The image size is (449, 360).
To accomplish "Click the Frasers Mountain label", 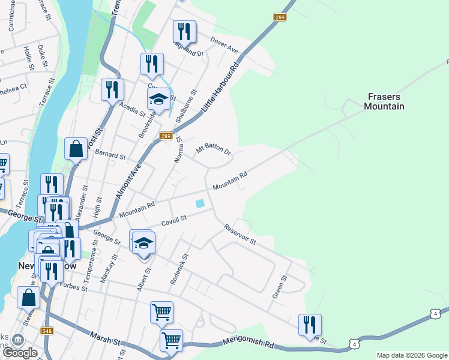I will point(384,101).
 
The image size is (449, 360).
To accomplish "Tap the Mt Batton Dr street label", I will point(214,148).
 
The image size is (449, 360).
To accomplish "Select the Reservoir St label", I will point(240,235).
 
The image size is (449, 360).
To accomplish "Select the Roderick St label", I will point(179,268).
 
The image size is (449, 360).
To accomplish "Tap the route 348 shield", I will point(47,331).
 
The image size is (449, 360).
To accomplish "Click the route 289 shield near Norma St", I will point(166,137).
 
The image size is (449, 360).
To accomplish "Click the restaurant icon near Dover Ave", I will point(184,31).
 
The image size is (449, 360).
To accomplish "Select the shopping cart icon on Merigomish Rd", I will point(171,340).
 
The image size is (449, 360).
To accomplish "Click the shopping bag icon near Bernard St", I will point(76,148).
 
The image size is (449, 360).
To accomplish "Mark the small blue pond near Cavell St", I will point(199,203).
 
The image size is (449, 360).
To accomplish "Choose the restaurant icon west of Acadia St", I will point(112,89).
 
